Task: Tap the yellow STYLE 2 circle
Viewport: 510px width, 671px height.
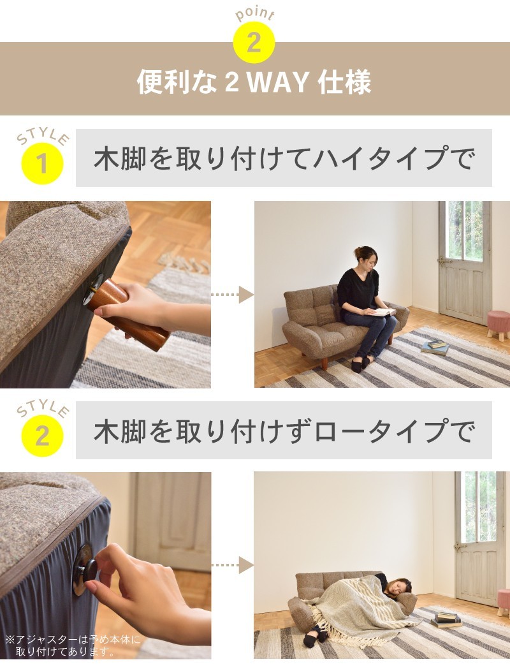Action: point(42,436)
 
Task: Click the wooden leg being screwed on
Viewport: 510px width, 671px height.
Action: point(127,312)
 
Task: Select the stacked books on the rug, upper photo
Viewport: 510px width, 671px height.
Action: point(435,347)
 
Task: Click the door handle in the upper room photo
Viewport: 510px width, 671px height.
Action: point(442,260)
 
